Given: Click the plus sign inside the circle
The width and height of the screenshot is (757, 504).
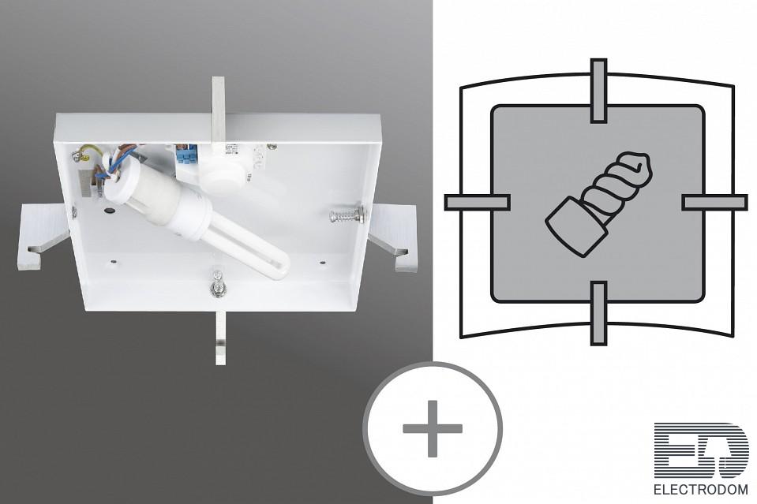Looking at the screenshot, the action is click(x=433, y=428).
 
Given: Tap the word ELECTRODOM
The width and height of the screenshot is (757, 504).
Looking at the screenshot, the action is click(x=701, y=490).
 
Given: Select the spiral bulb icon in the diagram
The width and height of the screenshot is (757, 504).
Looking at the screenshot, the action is click(x=598, y=203).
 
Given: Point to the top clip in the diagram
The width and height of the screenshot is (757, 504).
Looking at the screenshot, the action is click(x=598, y=91).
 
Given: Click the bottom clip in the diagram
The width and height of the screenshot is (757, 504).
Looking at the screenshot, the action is click(x=598, y=313).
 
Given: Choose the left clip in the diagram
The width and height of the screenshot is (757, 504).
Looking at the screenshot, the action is click(x=477, y=202).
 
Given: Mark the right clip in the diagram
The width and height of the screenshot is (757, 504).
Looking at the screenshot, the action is click(x=714, y=202).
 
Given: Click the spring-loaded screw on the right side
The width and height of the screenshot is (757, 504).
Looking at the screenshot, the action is click(x=347, y=214).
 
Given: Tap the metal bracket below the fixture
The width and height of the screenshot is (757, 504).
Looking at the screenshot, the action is click(x=220, y=338).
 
